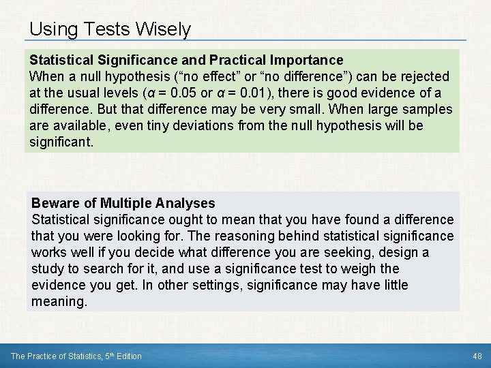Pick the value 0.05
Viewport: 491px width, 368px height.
[187, 93]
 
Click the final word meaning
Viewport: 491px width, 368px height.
[59, 301]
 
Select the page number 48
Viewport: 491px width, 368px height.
[477, 356]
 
